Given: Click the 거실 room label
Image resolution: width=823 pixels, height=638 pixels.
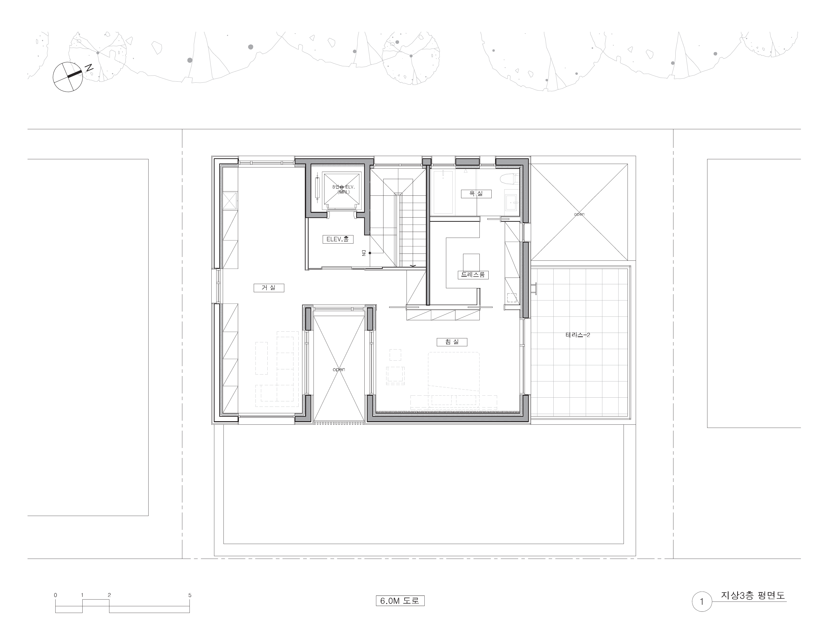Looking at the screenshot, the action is click(269, 288).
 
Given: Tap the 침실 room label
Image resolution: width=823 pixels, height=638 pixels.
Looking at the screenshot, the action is click(452, 342).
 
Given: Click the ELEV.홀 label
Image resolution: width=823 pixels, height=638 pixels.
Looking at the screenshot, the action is click(338, 239).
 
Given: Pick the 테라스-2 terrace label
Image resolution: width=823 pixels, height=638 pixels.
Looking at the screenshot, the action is click(578, 335).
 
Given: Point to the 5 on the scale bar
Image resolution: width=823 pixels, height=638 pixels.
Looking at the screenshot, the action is click(190, 595).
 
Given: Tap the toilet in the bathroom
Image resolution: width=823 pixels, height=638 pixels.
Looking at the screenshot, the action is click(510, 179).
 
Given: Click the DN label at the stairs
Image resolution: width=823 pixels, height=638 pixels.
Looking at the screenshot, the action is click(364, 253).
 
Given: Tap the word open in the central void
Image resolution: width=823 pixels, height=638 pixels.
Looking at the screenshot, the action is click(339, 370).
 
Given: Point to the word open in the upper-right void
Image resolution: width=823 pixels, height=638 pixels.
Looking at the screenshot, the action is click(579, 214).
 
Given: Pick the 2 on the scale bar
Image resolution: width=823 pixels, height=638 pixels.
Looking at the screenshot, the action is click(109, 595).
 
